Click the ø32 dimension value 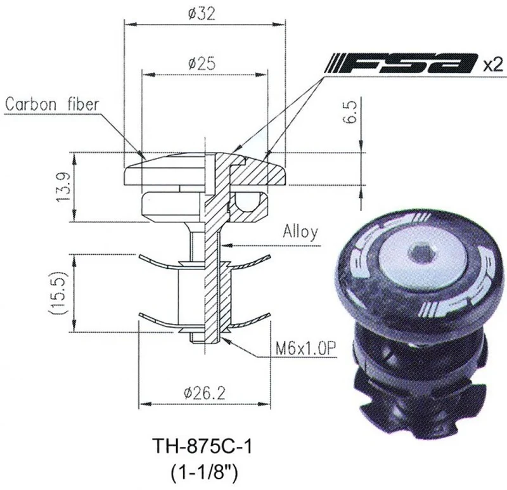tap(201, 14)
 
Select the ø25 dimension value tap(202, 64)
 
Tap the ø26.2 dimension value tap(204, 393)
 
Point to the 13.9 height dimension tap(63, 187)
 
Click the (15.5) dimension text tap(58, 293)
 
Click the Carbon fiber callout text tap(52, 104)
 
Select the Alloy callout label tap(300, 233)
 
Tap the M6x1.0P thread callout tap(305, 349)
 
